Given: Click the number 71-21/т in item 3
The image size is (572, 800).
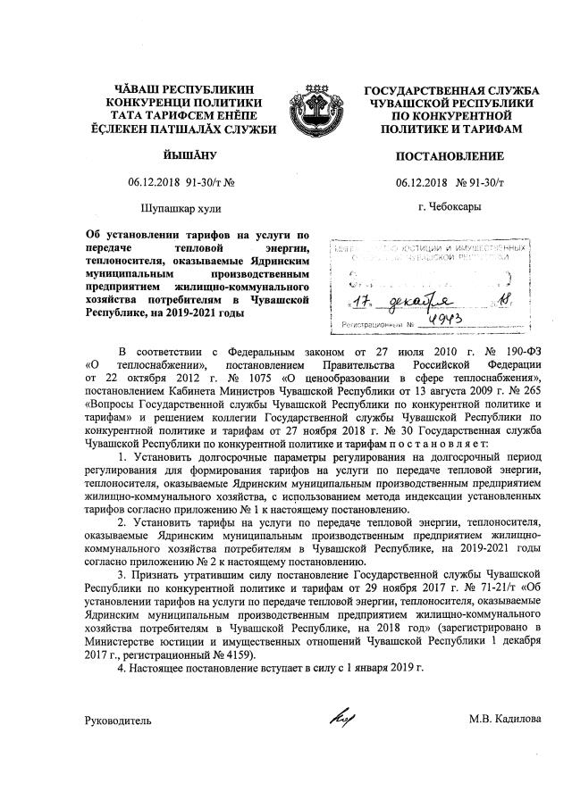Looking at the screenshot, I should (x=483, y=590).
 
